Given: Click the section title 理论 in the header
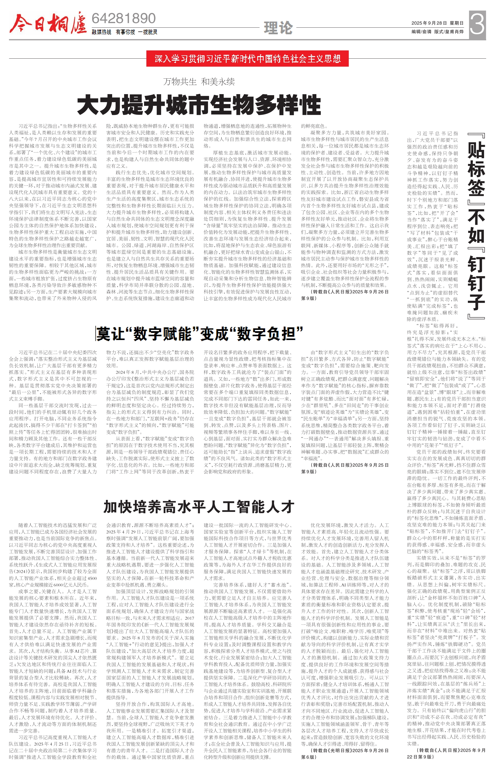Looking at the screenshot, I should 278,28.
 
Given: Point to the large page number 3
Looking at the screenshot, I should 477,23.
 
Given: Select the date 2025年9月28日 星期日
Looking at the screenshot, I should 437,23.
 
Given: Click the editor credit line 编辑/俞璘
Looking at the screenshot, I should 421,32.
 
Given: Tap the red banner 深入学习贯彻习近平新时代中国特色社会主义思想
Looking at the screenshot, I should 248,59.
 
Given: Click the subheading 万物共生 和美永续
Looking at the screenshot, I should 199,82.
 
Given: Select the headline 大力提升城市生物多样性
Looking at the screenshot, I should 199,105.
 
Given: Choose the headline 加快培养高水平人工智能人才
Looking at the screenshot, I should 199,506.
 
